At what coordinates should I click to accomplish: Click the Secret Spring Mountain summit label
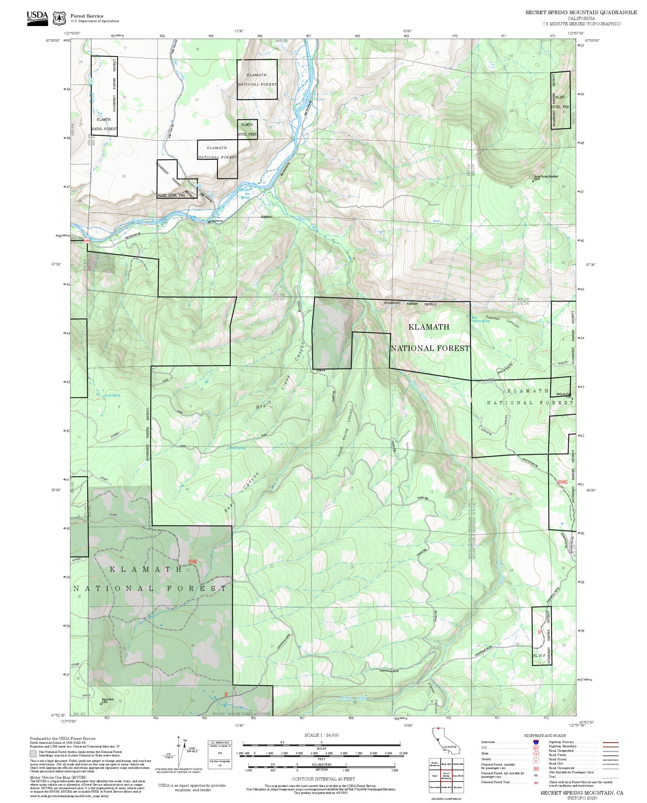coord(546,176)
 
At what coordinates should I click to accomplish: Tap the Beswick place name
coord(266,217)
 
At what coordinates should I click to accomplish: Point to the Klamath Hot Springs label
coord(244,193)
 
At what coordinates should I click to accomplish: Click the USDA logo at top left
coord(37,18)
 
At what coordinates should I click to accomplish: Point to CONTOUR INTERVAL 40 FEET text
coord(323,778)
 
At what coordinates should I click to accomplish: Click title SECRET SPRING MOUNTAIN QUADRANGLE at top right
coord(581,12)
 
